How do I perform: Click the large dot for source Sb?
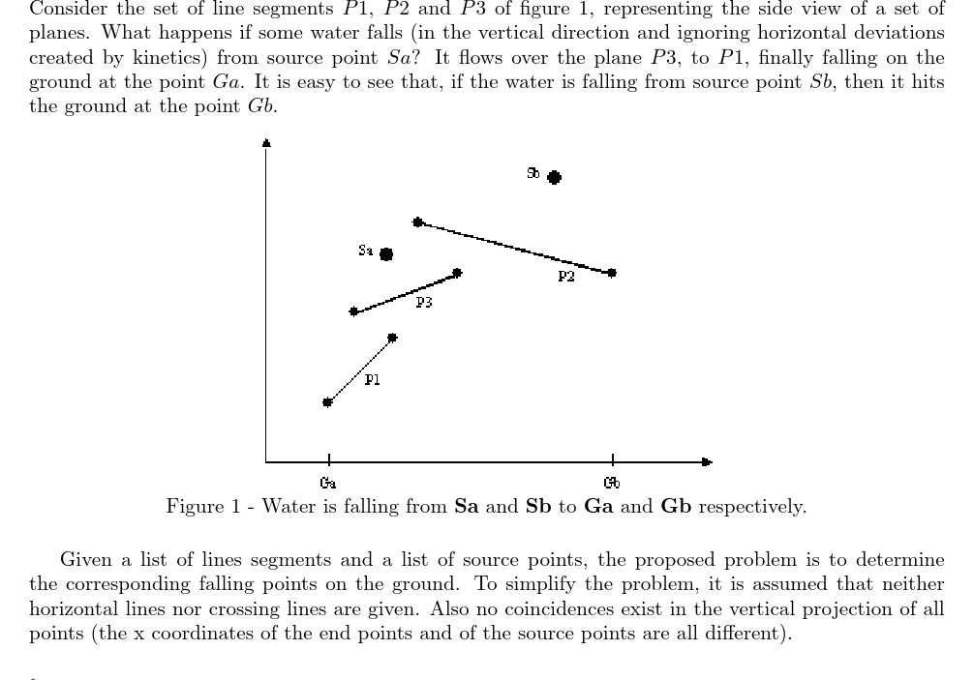coord(554,177)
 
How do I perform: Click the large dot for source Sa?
coord(386,254)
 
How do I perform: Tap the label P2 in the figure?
coord(566,278)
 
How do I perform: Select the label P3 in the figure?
coord(424,303)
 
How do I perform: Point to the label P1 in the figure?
coord(373,380)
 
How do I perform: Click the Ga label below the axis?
coord(328,482)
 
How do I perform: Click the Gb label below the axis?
coord(612,482)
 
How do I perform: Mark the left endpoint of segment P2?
coord(418,222)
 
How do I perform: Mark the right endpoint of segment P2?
coord(612,274)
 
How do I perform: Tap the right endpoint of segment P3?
coord(458,274)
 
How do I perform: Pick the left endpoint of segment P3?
coord(354,311)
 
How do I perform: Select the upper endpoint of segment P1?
coord(392,338)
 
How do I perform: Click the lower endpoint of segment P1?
coord(327,402)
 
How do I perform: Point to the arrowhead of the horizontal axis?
coord(707,462)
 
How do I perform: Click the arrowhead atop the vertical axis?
coord(266,144)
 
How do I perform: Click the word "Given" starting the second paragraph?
coord(83,559)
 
